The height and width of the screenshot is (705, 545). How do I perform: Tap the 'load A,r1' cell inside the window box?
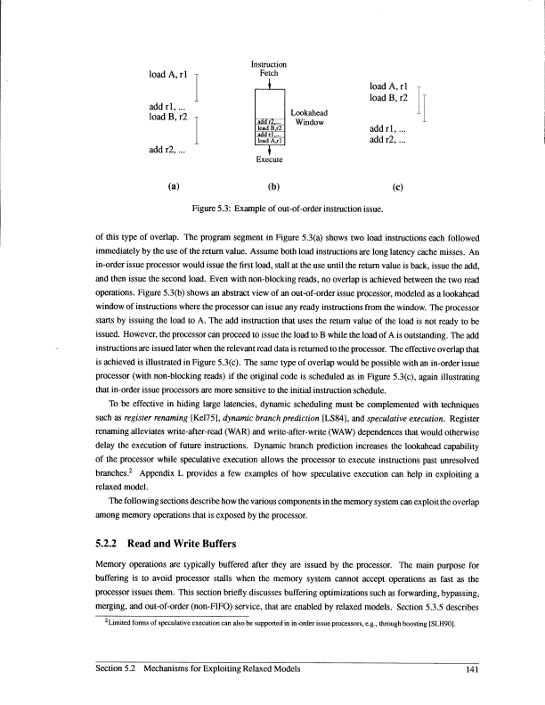click(x=269, y=141)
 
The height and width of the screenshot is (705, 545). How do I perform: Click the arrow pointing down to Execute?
click(x=269, y=150)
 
